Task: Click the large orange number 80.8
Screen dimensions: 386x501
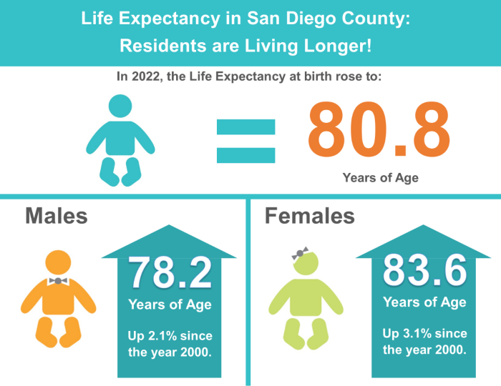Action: coord(379,129)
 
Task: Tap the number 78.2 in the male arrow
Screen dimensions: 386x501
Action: coord(170,272)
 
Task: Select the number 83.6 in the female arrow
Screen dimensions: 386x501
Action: coord(424,269)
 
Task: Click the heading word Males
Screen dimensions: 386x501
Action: coord(57,215)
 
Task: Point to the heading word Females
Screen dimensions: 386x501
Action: coord(309,215)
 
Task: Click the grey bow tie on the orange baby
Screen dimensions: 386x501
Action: coord(57,281)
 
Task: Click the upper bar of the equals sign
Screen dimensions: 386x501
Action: coord(246,127)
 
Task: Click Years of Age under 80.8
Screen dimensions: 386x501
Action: coord(379,177)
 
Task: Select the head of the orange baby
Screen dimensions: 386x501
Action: coord(57,264)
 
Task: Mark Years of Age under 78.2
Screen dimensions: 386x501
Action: coord(170,305)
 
